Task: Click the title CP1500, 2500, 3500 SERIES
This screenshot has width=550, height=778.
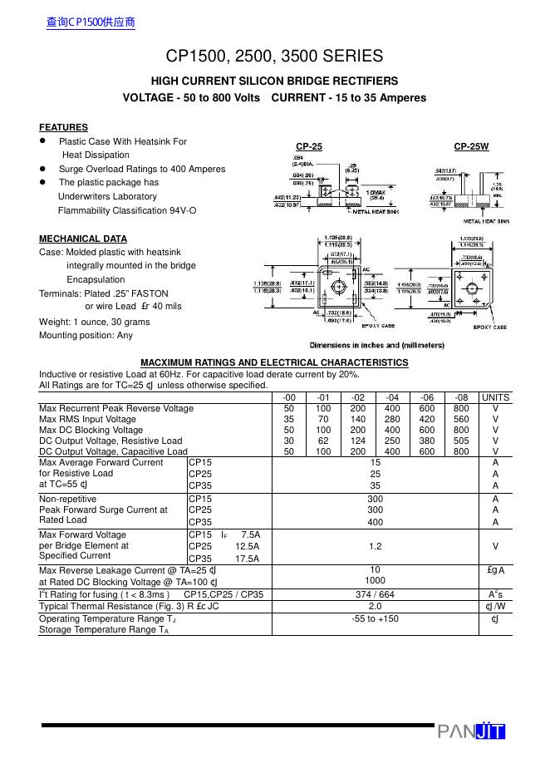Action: (x=274, y=57)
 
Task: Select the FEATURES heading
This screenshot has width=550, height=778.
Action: (x=63, y=127)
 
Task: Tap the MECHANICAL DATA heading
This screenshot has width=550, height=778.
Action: (x=83, y=239)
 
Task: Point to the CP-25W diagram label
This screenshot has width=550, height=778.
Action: (x=471, y=146)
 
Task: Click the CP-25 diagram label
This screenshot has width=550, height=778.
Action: (x=309, y=146)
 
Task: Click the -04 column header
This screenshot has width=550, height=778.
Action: (x=392, y=397)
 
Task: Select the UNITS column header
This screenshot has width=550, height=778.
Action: (x=495, y=397)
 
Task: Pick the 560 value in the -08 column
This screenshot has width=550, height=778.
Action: (x=461, y=419)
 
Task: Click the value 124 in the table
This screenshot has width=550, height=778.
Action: (x=357, y=441)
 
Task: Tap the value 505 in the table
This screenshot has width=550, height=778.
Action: (x=461, y=441)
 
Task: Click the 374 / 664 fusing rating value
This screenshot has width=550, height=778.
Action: (x=375, y=594)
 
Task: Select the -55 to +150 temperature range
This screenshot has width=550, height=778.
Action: (x=375, y=618)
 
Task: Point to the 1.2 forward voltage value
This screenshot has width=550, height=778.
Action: (x=375, y=546)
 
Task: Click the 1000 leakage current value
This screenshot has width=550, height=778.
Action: (x=375, y=580)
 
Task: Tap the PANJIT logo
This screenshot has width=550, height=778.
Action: (x=471, y=731)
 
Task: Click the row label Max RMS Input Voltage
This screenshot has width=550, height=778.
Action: (x=87, y=419)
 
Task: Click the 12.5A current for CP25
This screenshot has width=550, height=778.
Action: (x=248, y=546)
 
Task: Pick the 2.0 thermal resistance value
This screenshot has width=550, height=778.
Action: (x=375, y=606)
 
